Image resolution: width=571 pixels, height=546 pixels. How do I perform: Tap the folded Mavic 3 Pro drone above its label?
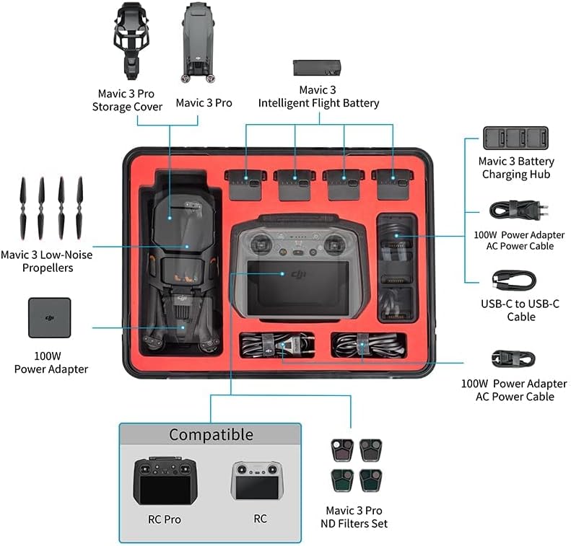(199, 42)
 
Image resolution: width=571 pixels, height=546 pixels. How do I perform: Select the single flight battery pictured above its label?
(317, 68)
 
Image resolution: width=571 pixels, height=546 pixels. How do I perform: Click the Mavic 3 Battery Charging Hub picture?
(515, 138)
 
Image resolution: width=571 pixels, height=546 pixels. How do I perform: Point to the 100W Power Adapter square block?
(50, 317)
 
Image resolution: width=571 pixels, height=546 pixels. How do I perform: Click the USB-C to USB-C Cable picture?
(514, 281)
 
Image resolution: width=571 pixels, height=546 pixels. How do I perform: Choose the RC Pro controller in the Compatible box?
(165, 481)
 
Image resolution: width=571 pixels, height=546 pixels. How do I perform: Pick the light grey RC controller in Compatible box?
(258, 480)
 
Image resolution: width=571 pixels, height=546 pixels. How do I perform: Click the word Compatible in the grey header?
(211, 434)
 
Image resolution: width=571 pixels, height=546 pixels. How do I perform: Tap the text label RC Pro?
(165, 519)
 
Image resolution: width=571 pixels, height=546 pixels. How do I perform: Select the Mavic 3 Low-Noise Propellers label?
(47, 261)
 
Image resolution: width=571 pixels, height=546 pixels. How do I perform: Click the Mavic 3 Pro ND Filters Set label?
(354, 517)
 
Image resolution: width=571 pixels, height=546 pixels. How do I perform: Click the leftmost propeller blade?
(23, 208)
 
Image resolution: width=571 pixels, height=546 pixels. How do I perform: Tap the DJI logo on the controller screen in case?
(299, 275)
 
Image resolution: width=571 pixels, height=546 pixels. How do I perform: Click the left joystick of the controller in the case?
(260, 242)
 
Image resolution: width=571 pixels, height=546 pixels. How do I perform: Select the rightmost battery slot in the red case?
(393, 184)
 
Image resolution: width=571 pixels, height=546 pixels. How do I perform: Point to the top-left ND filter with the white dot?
(342, 449)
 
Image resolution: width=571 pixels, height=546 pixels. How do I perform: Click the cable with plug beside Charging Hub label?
(514, 211)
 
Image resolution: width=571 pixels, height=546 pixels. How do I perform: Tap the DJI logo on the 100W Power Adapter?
(50, 318)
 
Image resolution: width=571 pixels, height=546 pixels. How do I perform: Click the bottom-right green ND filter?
(371, 480)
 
